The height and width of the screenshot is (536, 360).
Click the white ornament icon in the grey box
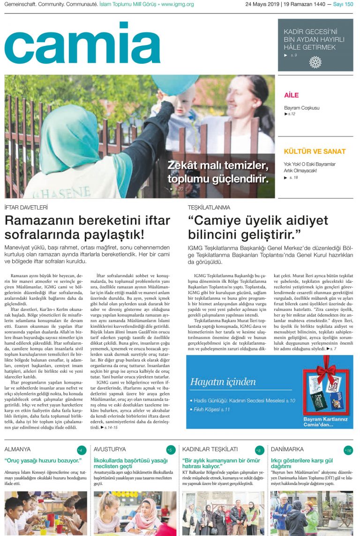point(315,62)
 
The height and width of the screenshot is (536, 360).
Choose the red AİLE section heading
point(291,95)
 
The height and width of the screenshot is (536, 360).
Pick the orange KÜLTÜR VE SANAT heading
point(315,151)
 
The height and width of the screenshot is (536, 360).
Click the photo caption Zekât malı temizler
point(218,166)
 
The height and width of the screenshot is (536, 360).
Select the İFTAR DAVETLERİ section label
point(26,207)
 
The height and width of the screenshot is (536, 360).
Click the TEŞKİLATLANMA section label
point(209,207)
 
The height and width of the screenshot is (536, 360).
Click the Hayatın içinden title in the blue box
point(223,382)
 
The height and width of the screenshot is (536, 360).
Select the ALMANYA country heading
point(17,449)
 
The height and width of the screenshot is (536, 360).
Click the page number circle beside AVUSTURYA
point(170,450)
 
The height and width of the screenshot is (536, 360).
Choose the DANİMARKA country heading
point(287,449)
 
